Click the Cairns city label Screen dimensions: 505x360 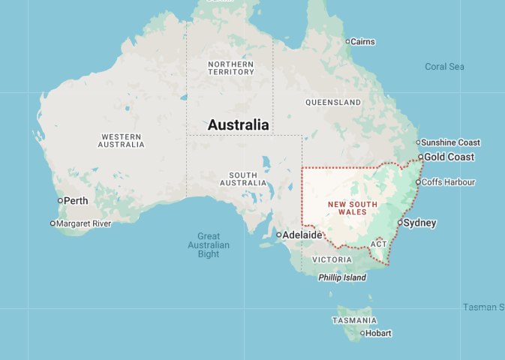point(363,41)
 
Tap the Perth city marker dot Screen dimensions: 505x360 point(60,200)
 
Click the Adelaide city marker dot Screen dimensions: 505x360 point(278,235)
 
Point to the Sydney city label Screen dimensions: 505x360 point(419,223)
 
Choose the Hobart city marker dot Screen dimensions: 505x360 point(362,334)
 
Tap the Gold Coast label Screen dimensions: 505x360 point(449,157)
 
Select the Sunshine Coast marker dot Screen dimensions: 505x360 point(419,142)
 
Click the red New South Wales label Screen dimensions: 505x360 point(347,208)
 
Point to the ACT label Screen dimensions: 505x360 point(378,244)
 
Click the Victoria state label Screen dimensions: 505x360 point(332,259)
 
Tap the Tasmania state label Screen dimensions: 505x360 point(353,320)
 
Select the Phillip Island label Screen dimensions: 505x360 point(342,277)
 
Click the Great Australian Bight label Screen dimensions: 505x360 point(209,245)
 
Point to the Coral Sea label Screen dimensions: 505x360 point(444,67)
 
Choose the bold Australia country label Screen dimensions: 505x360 point(238,125)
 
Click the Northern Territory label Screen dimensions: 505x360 point(230,67)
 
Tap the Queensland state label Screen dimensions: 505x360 point(333,102)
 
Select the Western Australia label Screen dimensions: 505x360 point(122,140)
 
